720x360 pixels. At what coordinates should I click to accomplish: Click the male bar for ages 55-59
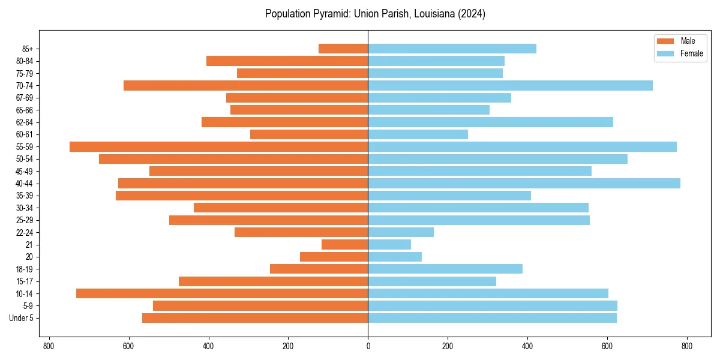(218, 146)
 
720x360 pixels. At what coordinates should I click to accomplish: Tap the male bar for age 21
(344, 244)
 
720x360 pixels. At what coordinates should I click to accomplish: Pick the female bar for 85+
(452, 49)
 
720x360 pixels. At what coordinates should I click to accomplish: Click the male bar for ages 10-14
(222, 293)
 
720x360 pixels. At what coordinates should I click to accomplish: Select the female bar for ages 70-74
(510, 85)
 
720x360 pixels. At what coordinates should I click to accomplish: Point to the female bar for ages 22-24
(401, 232)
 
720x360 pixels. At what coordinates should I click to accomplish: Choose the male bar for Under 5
(255, 317)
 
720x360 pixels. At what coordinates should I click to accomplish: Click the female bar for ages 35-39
(449, 196)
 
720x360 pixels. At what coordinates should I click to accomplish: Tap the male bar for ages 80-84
(287, 61)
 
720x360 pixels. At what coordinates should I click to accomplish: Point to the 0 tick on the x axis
(368, 346)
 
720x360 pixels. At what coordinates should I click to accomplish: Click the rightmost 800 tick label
(687, 346)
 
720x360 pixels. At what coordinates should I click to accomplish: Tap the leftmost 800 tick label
(49, 346)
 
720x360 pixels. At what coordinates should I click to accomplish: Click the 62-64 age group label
(25, 122)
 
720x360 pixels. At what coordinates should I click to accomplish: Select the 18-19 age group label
(25, 269)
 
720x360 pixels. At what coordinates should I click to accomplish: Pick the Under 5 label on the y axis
(21, 317)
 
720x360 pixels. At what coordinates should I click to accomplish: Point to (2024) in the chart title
(472, 14)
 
